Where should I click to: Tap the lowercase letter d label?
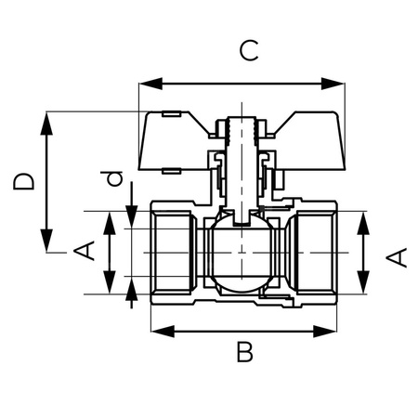coord(113,177)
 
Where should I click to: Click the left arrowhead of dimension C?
coord(145,85)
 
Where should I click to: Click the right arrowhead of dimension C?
coord(339,85)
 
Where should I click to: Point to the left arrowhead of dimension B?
coord(157,331)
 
